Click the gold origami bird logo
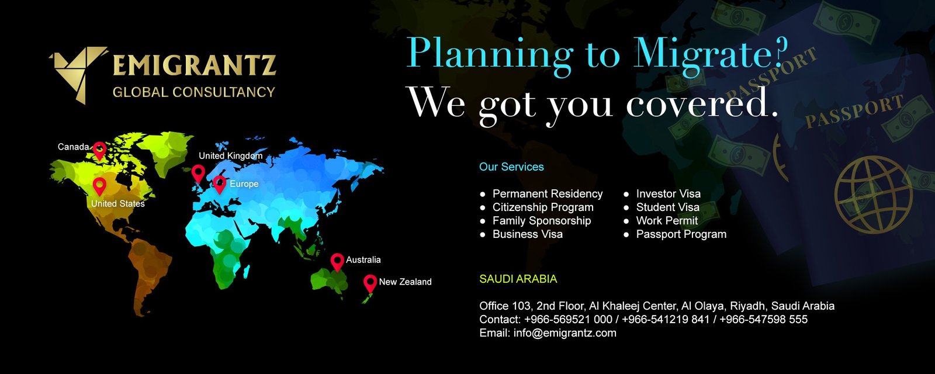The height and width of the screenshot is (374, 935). pos(79,73)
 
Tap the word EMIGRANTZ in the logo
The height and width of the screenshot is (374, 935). pos(195,66)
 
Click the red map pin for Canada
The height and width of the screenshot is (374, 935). pos(99,151)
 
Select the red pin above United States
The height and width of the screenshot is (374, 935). pos(99,186)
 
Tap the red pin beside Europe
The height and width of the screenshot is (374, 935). pos(220,185)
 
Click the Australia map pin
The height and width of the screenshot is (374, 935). pos(337,262)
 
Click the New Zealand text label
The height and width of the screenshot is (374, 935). pos(406,282)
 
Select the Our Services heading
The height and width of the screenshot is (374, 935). pos(511,167)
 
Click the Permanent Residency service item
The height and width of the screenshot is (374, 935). pos(548,193)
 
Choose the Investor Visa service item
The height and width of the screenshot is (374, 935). pos(669,193)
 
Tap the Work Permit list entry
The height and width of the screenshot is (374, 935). pos(667,220)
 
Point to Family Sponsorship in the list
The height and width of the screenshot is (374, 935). pos(542,221)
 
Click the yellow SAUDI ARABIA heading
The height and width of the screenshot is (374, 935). pos(518,279)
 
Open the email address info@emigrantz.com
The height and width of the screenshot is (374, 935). pos(565,333)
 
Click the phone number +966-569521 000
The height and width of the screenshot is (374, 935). pos(568,320)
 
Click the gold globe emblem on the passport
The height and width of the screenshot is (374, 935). pos(873,195)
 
